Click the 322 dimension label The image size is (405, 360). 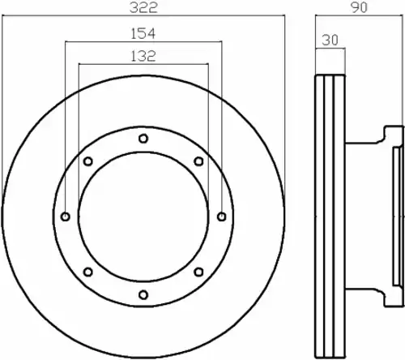coord(143,7)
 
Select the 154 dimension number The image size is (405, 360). coord(143,33)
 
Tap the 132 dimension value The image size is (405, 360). coord(143,56)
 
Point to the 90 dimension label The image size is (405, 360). coord(360,7)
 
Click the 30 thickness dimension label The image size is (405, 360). coord(330,40)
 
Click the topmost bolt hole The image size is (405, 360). coord(143,139)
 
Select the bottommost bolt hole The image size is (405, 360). coord(143,294)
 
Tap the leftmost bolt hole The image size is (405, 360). coord(66,216)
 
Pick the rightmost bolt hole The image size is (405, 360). coord(222,216)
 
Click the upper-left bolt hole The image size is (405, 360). coord(88,161)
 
